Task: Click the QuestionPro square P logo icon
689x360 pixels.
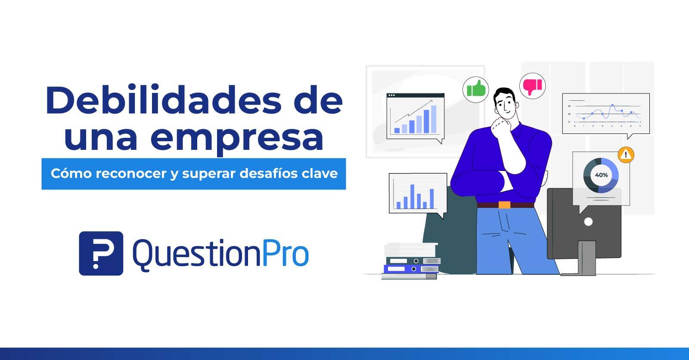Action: point(101,253)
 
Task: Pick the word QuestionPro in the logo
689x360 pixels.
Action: point(220,254)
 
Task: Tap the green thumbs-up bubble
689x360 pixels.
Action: point(475,90)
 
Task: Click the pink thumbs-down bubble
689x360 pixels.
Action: point(532,86)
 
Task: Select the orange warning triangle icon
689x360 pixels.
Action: point(626,154)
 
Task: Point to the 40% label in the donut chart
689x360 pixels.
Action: point(601,175)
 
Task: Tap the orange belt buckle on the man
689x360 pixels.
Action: point(504,205)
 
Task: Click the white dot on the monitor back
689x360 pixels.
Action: point(588,222)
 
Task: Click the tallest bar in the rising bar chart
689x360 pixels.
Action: point(433,119)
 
